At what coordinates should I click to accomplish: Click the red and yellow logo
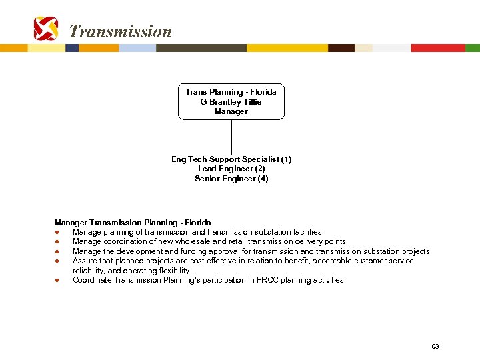click(x=46, y=29)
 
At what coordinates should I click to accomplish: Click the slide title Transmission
click(x=120, y=31)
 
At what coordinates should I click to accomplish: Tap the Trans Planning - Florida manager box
click(x=231, y=101)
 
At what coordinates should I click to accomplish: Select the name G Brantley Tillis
click(x=231, y=102)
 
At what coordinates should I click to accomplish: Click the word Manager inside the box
click(x=231, y=111)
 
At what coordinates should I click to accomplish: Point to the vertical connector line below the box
click(x=231, y=137)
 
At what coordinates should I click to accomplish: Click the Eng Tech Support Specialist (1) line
click(x=231, y=159)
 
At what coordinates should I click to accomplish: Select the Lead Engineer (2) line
click(x=231, y=169)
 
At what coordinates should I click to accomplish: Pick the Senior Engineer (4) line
click(x=231, y=179)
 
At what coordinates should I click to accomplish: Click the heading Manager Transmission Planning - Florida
click(x=133, y=222)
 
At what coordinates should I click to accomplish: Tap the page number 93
click(x=435, y=347)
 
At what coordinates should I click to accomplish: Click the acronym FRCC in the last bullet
click(x=269, y=280)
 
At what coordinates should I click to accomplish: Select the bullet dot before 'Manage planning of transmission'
click(x=58, y=232)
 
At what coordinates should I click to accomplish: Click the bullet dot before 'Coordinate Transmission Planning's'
click(x=58, y=280)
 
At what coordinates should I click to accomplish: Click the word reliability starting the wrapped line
click(x=88, y=271)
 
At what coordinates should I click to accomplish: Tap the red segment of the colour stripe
click(x=437, y=48)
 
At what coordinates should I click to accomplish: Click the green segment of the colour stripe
click(x=472, y=48)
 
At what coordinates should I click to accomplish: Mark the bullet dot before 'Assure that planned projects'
click(x=58, y=261)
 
